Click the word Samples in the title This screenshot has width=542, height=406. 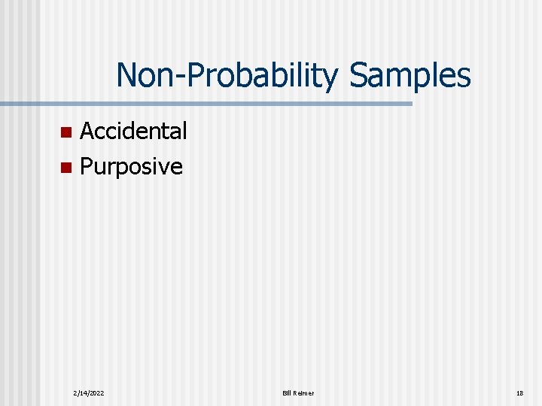(x=410, y=75)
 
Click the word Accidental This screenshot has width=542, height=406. (x=133, y=131)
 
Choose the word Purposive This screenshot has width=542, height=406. (x=131, y=166)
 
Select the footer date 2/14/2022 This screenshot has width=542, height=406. (x=89, y=393)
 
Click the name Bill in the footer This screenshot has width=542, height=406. (x=288, y=393)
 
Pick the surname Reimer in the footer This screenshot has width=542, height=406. (x=304, y=393)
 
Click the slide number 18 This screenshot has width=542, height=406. (x=519, y=393)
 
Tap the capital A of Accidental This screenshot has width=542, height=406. (x=87, y=131)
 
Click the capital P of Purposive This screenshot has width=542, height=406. (x=86, y=166)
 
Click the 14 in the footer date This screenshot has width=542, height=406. (x=83, y=393)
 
